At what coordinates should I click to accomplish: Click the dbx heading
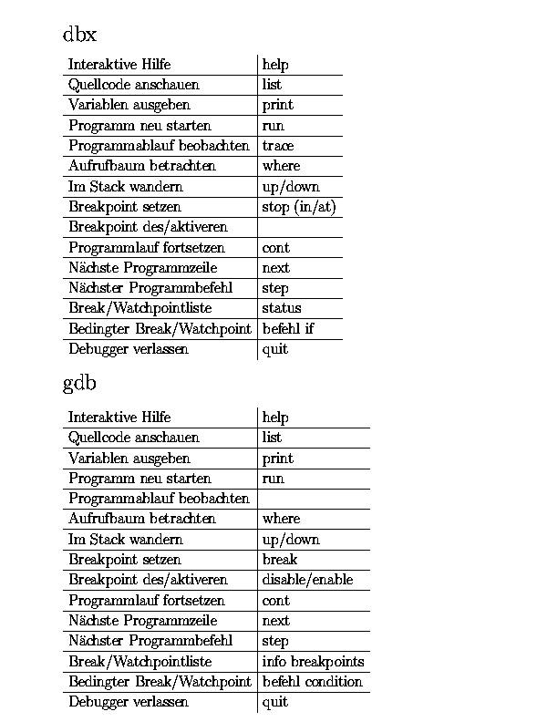click(x=79, y=35)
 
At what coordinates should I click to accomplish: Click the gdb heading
click(x=79, y=384)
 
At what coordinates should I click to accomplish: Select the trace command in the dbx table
click(x=278, y=146)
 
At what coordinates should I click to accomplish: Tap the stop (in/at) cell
click(x=299, y=207)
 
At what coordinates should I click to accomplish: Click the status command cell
click(x=282, y=308)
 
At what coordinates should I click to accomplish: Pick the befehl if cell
click(x=288, y=328)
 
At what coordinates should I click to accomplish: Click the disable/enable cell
click(x=307, y=580)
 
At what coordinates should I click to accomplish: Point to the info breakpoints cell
click(x=313, y=662)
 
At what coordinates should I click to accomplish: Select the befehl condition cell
click(x=312, y=682)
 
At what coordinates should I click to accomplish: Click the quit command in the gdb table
click(x=274, y=702)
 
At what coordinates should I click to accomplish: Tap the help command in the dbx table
click(x=275, y=65)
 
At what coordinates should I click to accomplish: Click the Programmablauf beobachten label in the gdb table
click(x=159, y=499)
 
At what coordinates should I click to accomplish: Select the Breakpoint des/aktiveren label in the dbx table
click(x=148, y=227)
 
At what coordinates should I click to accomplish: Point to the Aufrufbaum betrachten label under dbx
click(x=142, y=166)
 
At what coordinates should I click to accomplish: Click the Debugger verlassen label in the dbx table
click(x=129, y=348)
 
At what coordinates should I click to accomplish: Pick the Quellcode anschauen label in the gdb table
click(x=133, y=438)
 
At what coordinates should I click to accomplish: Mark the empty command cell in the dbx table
click(x=300, y=227)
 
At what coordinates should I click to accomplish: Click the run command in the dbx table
click(x=273, y=126)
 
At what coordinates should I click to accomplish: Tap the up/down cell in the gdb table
click(x=291, y=540)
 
